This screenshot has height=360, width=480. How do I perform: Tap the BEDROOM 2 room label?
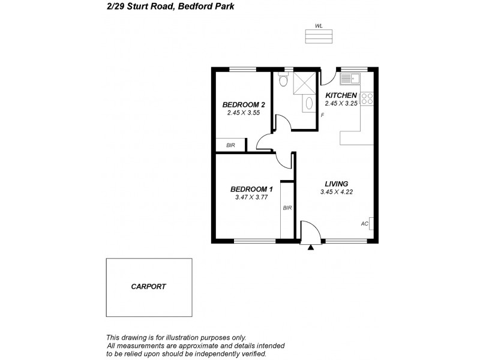click(x=240, y=104)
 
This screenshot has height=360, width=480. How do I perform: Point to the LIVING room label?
click(x=337, y=184)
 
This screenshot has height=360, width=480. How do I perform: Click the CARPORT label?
click(x=148, y=287)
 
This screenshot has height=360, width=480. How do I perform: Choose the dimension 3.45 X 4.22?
click(x=337, y=192)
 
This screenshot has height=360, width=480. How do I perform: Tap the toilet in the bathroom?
click(x=283, y=79)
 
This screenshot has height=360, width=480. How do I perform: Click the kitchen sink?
click(x=349, y=78)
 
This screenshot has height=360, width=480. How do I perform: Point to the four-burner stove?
click(x=368, y=98)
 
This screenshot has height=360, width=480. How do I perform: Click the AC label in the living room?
click(x=364, y=224)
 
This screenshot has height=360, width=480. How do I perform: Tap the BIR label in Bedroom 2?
click(x=230, y=145)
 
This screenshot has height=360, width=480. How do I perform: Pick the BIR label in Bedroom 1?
click(x=287, y=208)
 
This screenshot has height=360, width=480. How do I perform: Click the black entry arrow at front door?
click(x=310, y=246)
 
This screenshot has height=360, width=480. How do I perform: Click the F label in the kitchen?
click(x=322, y=115)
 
